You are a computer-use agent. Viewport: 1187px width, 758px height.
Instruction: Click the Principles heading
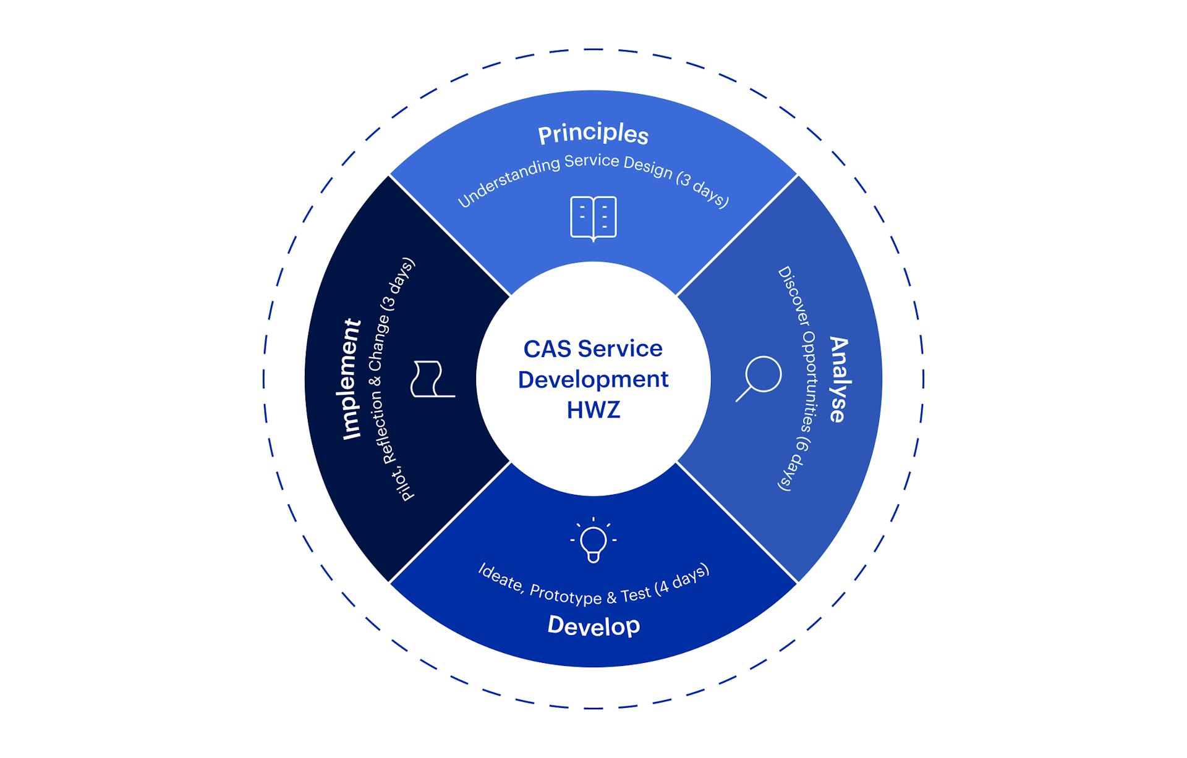click(x=593, y=133)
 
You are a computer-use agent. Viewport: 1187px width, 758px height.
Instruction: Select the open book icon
click(x=593, y=218)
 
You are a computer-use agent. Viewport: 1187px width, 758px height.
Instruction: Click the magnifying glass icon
click(x=759, y=377)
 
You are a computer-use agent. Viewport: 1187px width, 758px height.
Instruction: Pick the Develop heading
click(x=593, y=626)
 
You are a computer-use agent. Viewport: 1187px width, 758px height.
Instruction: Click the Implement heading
click(x=351, y=379)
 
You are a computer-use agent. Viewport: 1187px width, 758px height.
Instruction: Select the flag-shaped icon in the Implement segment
click(x=431, y=379)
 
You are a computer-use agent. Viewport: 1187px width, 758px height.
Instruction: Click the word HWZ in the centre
click(x=593, y=410)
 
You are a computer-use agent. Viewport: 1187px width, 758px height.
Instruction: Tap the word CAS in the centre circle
click(x=547, y=349)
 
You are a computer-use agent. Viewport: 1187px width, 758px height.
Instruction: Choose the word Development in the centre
click(x=593, y=379)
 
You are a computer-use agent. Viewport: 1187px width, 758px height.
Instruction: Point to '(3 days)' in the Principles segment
click(x=703, y=189)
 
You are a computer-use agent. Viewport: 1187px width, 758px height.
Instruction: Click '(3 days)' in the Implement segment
click(x=398, y=284)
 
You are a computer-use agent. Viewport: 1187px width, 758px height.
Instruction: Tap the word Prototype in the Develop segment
click(x=566, y=594)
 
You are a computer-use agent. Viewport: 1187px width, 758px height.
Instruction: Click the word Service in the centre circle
click(x=619, y=349)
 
